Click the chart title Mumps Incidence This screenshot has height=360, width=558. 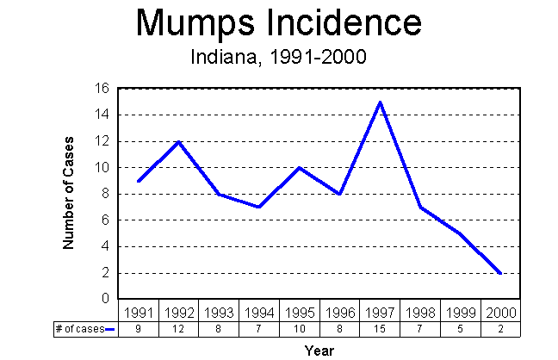[x=279, y=23]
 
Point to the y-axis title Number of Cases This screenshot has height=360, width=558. [x=69, y=193]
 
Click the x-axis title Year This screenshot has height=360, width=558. [x=319, y=350]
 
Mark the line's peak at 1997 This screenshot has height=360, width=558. [x=379, y=102]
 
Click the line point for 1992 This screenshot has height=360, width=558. [x=178, y=141]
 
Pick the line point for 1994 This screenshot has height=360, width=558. [x=258, y=207]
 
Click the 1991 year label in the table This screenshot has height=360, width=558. [x=138, y=312]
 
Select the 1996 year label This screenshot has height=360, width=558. [x=339, y=312]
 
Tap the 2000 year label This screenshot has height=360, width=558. [x=500, y=312]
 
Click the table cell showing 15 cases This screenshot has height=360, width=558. [x=379, y=328]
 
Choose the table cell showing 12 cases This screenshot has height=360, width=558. [x=178, y=328]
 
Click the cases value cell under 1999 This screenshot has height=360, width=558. [x=460, y=328]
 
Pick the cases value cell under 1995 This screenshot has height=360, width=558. [x=299, y=328]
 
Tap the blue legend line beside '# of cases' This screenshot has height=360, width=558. [x=109, y=328]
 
